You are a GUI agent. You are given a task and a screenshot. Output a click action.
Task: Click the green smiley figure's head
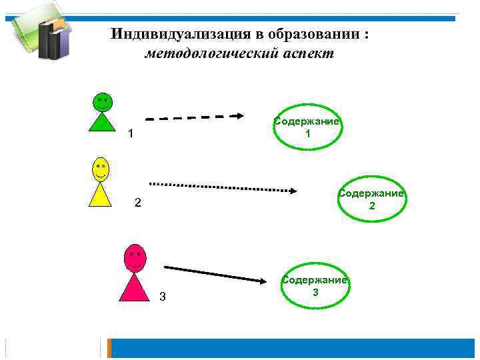[x=102, y=102]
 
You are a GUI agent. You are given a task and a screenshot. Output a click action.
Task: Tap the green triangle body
[x=101, y=123]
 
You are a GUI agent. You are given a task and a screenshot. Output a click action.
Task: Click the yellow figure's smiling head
[x=101, y=169]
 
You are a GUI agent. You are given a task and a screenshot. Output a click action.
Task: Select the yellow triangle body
[x=101, y=195]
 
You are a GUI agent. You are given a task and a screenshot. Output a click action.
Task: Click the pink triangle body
[x=135, y=288]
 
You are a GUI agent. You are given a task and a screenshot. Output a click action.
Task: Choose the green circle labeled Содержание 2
[x=371, y=200]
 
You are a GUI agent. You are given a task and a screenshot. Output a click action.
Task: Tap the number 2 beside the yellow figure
[x=137, y=203]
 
